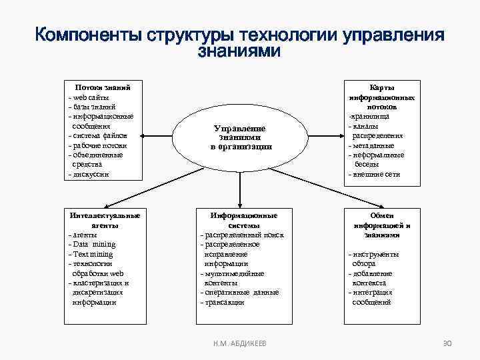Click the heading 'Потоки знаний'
(103, 87)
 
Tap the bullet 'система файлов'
(100, 135)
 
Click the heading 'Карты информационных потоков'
(382, 97)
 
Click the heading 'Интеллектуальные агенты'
(105, 220)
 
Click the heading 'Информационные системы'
(244, 220)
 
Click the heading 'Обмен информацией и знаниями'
(382, 225)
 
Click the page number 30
(447, 343)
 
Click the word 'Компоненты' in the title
(91, 35)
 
